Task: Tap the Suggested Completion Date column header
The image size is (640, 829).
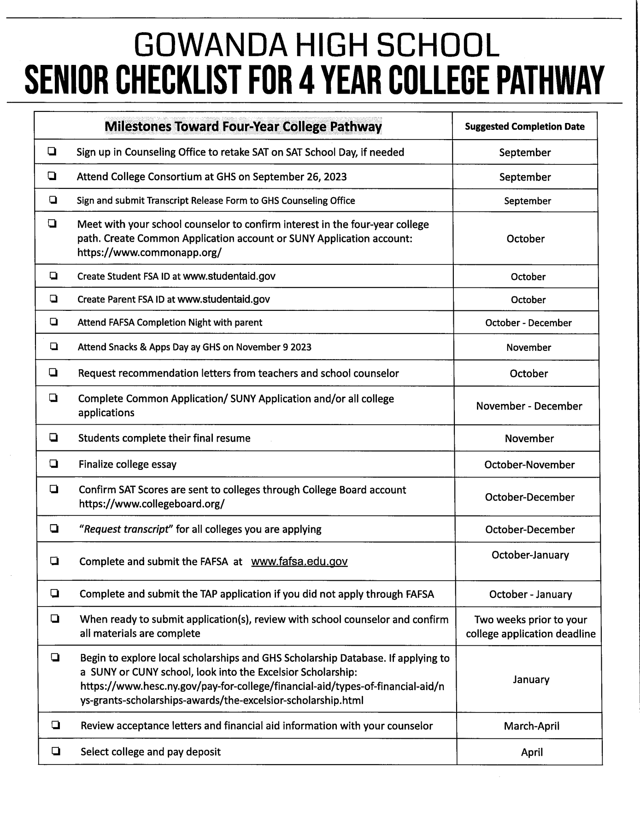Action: coord(524,127)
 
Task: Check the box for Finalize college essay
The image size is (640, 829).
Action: coord(54,464)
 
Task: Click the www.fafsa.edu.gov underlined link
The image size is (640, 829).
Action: coord(299,561)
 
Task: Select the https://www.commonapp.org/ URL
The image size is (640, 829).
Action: coord(149,252)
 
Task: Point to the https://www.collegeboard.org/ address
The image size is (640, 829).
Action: coord(152,503)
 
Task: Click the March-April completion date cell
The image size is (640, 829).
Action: coord(531,726)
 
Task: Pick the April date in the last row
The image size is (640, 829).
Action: coord(532,752)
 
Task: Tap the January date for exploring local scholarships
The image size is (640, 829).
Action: coord(531,679)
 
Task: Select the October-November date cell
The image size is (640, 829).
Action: coord(529,465)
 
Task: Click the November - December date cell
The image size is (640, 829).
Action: coord(529,406)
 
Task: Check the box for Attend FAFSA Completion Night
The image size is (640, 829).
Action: coord(53,322)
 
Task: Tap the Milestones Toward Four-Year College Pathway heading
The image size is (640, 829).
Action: coord(243,127)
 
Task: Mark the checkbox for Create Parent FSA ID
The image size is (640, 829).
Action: coord(53,299)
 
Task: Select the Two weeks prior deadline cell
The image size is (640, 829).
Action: coord(530,626)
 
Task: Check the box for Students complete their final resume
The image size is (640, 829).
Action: coord(54,438)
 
